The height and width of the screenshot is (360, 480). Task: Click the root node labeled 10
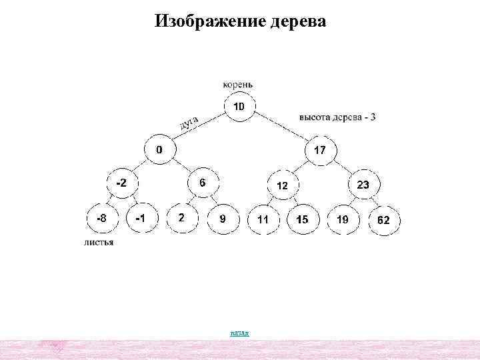[x=239, y=107]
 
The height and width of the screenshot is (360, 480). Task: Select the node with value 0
[x=158, y=150]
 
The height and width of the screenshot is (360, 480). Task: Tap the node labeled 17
[x=320, y=150]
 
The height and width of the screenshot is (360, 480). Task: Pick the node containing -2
[x=123, y=182]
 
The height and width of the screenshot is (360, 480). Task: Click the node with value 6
[x=202, y=182]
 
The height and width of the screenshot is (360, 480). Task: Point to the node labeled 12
[x=282, y=186]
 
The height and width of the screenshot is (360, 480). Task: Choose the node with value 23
[x=363, y=185]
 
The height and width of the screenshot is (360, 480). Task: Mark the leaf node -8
[x=101, y=218]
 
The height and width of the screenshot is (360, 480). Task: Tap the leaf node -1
[x=140, y=218]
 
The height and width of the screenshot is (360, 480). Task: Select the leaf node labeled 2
[x=181, y=218]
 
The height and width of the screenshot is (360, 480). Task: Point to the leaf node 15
[x=303, y=219]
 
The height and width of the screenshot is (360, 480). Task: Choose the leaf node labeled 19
[x=343, y=219]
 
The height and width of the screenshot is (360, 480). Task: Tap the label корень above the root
[x=238, y=85]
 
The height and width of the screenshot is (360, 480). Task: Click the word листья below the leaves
[x=99, y=243]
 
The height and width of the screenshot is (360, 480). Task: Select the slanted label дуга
[x=189, y=122]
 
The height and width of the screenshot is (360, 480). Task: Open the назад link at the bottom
[x=239, y=332]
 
